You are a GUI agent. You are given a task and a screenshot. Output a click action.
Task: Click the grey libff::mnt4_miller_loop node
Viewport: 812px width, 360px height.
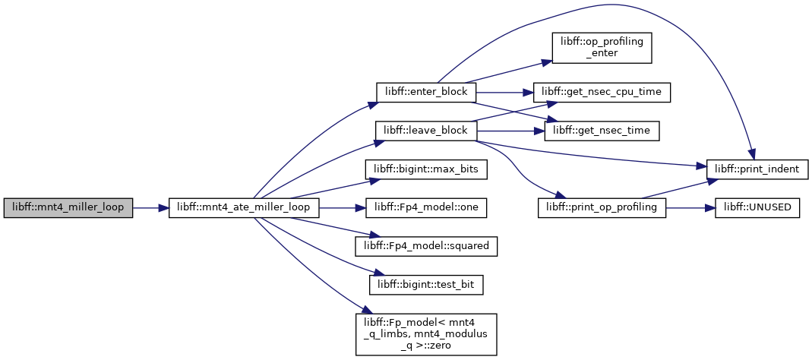pyautogui.click(x=68, y=207)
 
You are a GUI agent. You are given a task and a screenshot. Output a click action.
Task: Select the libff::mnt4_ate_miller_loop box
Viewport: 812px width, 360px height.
pyautogui.click(x=243, y=207)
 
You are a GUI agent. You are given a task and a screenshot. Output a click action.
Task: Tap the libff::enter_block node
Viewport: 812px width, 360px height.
pyautogui.click(x=425, y=92)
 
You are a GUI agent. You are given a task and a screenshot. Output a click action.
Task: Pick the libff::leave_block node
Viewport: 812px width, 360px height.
pyautogui.click(x=425, y=131)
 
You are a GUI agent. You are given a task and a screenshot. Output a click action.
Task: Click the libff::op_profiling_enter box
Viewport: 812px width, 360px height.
pyautogui.click(x=602, y=48)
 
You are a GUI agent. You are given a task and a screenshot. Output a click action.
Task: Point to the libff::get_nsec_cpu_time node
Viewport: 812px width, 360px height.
pyautogui.click(x=602, y=92)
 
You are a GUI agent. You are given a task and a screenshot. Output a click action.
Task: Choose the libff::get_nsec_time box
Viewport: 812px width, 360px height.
pyautogui.click(x=602, y=131)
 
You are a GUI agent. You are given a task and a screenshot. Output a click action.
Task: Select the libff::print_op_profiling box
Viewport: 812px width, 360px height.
pyautogui.click(x=602, y=207)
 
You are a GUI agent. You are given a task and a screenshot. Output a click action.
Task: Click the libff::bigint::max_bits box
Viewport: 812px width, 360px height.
pyautogui.click(x=425, y=169)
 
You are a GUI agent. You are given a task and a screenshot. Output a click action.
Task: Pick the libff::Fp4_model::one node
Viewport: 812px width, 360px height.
pyautogui.click(x=425, y=207)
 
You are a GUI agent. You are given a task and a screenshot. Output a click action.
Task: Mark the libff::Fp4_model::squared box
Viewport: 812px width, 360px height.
pyautogui.click(x=425, y=246)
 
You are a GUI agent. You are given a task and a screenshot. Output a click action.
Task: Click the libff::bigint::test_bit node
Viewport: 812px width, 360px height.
pyautogui.click(x=425, y=284)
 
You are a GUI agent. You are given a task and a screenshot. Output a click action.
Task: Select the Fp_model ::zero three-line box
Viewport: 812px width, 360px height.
pyautogui.click(x=425, y=334)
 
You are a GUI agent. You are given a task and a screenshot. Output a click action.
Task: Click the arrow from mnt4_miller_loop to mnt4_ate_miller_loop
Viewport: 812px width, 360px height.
pyautogui.click(x=150, y=207)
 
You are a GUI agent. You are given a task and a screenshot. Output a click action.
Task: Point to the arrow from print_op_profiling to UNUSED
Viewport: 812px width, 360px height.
pyautogui.click(x=690, y=207)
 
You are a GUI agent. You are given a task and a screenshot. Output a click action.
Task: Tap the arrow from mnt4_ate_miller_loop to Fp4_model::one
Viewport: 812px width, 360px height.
pyautogui.click(x=343, y=207)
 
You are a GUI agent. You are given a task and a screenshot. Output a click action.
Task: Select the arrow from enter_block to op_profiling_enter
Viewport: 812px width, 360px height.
pyautogui.click(x=508, y=71)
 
